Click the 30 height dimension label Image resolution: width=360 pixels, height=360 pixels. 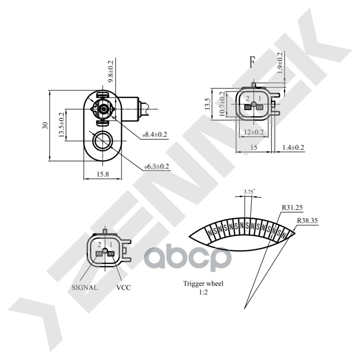click(x=45, y=125)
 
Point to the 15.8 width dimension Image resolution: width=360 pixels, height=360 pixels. click(x=102, y=175)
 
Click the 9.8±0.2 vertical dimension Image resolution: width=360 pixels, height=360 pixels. click(x=111, y=71)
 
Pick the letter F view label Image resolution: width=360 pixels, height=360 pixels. click(x=252, y=62)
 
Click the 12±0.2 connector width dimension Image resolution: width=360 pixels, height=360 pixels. click(x=253, y=132)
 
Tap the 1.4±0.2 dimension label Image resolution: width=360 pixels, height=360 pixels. click(x=293, y=148)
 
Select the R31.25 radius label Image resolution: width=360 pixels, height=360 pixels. click(x=292, y=207)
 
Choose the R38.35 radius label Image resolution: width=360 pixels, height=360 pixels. click(x=308, y=221)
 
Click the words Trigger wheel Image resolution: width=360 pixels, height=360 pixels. click(x=203, y=283)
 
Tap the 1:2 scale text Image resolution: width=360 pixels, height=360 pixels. click(x=203, y=292)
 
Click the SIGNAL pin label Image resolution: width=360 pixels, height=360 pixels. click(x=85, y=287)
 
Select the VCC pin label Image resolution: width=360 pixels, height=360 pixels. click(x=123, y=287)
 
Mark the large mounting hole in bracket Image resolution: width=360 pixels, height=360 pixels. click(x=102, y=141)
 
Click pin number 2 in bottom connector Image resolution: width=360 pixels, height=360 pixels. click(x=99, y=244)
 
